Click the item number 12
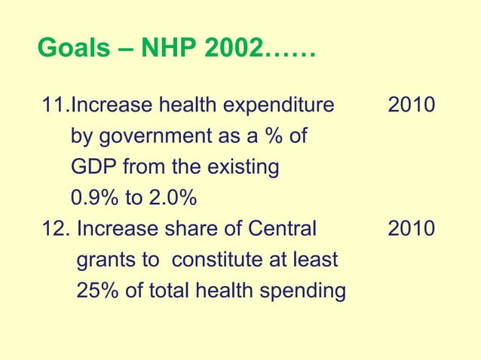(x=54, y=229)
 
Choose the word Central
(x=283, y=229)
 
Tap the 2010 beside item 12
(x=411, y=229)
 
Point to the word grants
(x=110, y=261)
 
